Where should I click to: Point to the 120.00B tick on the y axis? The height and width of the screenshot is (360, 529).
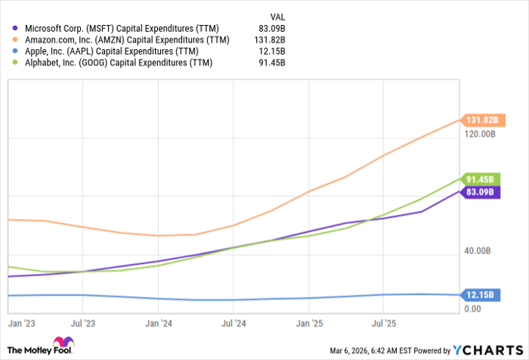pyautogui.click(x=480, y=134)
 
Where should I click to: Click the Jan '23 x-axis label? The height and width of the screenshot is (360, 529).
pyautogui.click(x=20, y=323)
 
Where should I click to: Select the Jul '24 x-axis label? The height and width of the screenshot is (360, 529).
pyautogui.click(x=233, y=323)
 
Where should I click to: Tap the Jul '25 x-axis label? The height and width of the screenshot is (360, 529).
pyautogui.click(x=384, y=323)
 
